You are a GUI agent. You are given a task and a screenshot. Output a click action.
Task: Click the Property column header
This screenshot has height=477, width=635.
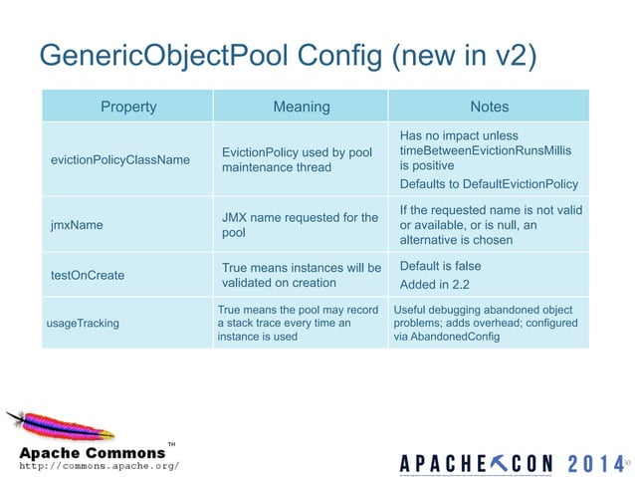point(128,107)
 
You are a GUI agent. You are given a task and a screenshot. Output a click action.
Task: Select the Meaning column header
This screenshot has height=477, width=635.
point(301,107)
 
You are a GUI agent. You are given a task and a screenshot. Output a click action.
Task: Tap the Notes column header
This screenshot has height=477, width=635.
point(489,107)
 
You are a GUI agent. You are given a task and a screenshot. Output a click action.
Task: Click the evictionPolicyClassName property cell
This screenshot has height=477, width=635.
point(119,159)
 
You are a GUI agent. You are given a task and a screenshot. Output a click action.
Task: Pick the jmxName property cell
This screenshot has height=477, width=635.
point(77,225)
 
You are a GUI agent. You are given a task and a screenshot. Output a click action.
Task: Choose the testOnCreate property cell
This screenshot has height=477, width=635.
point(88,275)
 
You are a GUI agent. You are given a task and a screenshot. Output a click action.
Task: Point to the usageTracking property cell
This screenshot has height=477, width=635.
point(83,323)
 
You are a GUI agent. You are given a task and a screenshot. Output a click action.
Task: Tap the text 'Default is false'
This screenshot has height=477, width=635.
point(440,266)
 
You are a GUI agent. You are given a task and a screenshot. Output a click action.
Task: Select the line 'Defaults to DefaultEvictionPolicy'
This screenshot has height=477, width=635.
point(488,184)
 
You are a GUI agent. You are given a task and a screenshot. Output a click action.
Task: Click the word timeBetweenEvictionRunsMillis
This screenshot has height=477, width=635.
point(485,150)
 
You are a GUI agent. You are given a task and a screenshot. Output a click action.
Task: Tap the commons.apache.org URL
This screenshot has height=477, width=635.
point(100,465)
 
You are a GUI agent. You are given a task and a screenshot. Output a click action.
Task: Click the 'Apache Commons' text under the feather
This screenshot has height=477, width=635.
point(93,453)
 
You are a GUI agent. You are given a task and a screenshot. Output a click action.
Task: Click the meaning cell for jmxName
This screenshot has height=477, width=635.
point(300,224)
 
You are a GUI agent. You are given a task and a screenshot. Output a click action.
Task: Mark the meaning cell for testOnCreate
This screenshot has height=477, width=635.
point(301,275)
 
